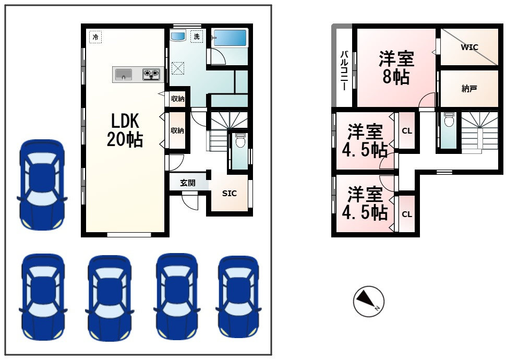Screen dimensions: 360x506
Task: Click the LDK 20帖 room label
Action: tap(124, 130)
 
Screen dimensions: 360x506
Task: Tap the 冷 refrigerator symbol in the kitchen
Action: tap(95, 37)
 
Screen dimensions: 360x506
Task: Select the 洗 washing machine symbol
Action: tap(197, 37)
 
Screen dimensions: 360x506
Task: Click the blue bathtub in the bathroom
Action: tap(229, 38)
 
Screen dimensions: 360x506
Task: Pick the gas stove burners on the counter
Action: tap(151, 75)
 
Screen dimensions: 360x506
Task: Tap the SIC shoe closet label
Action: tap(229, 193)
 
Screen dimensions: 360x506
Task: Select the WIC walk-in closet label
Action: tap(469, 47)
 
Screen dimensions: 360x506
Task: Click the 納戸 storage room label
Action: tap(469, 89)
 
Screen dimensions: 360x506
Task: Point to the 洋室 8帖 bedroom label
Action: tap(396, 67)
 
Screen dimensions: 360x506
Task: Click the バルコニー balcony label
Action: tap(344, 70)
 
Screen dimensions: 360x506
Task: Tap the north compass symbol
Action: tap(369, 302)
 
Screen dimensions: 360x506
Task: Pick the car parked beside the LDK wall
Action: tap(42, 185)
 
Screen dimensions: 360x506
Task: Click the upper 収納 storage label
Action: tap(177, 99)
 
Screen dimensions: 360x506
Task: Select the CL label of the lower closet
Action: tap(407, 214)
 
